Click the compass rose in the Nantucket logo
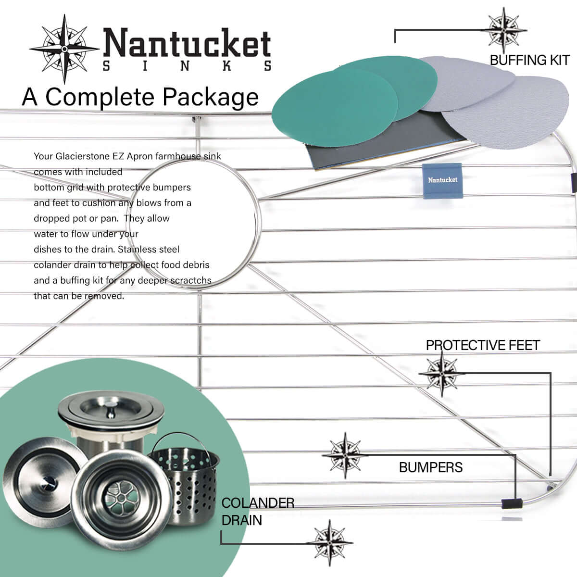click(64, 49)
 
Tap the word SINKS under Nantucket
click(188, 66)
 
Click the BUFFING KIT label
click(529, 60)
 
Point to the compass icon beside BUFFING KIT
click(503, 30)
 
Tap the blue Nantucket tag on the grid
click(442, 180)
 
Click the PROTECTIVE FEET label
click(482, 345)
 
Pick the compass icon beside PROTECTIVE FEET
click(441, 373)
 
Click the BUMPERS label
click(430, 467)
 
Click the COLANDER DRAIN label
click(257, 512)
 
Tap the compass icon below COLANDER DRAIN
click(330, 543)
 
